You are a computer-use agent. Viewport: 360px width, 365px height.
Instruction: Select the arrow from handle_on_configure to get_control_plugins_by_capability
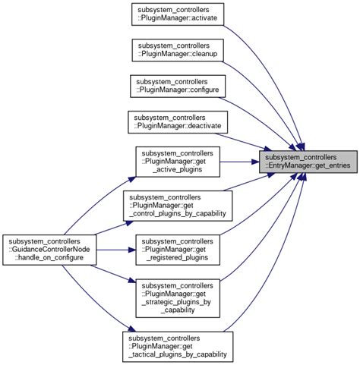(x=110, y=225)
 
